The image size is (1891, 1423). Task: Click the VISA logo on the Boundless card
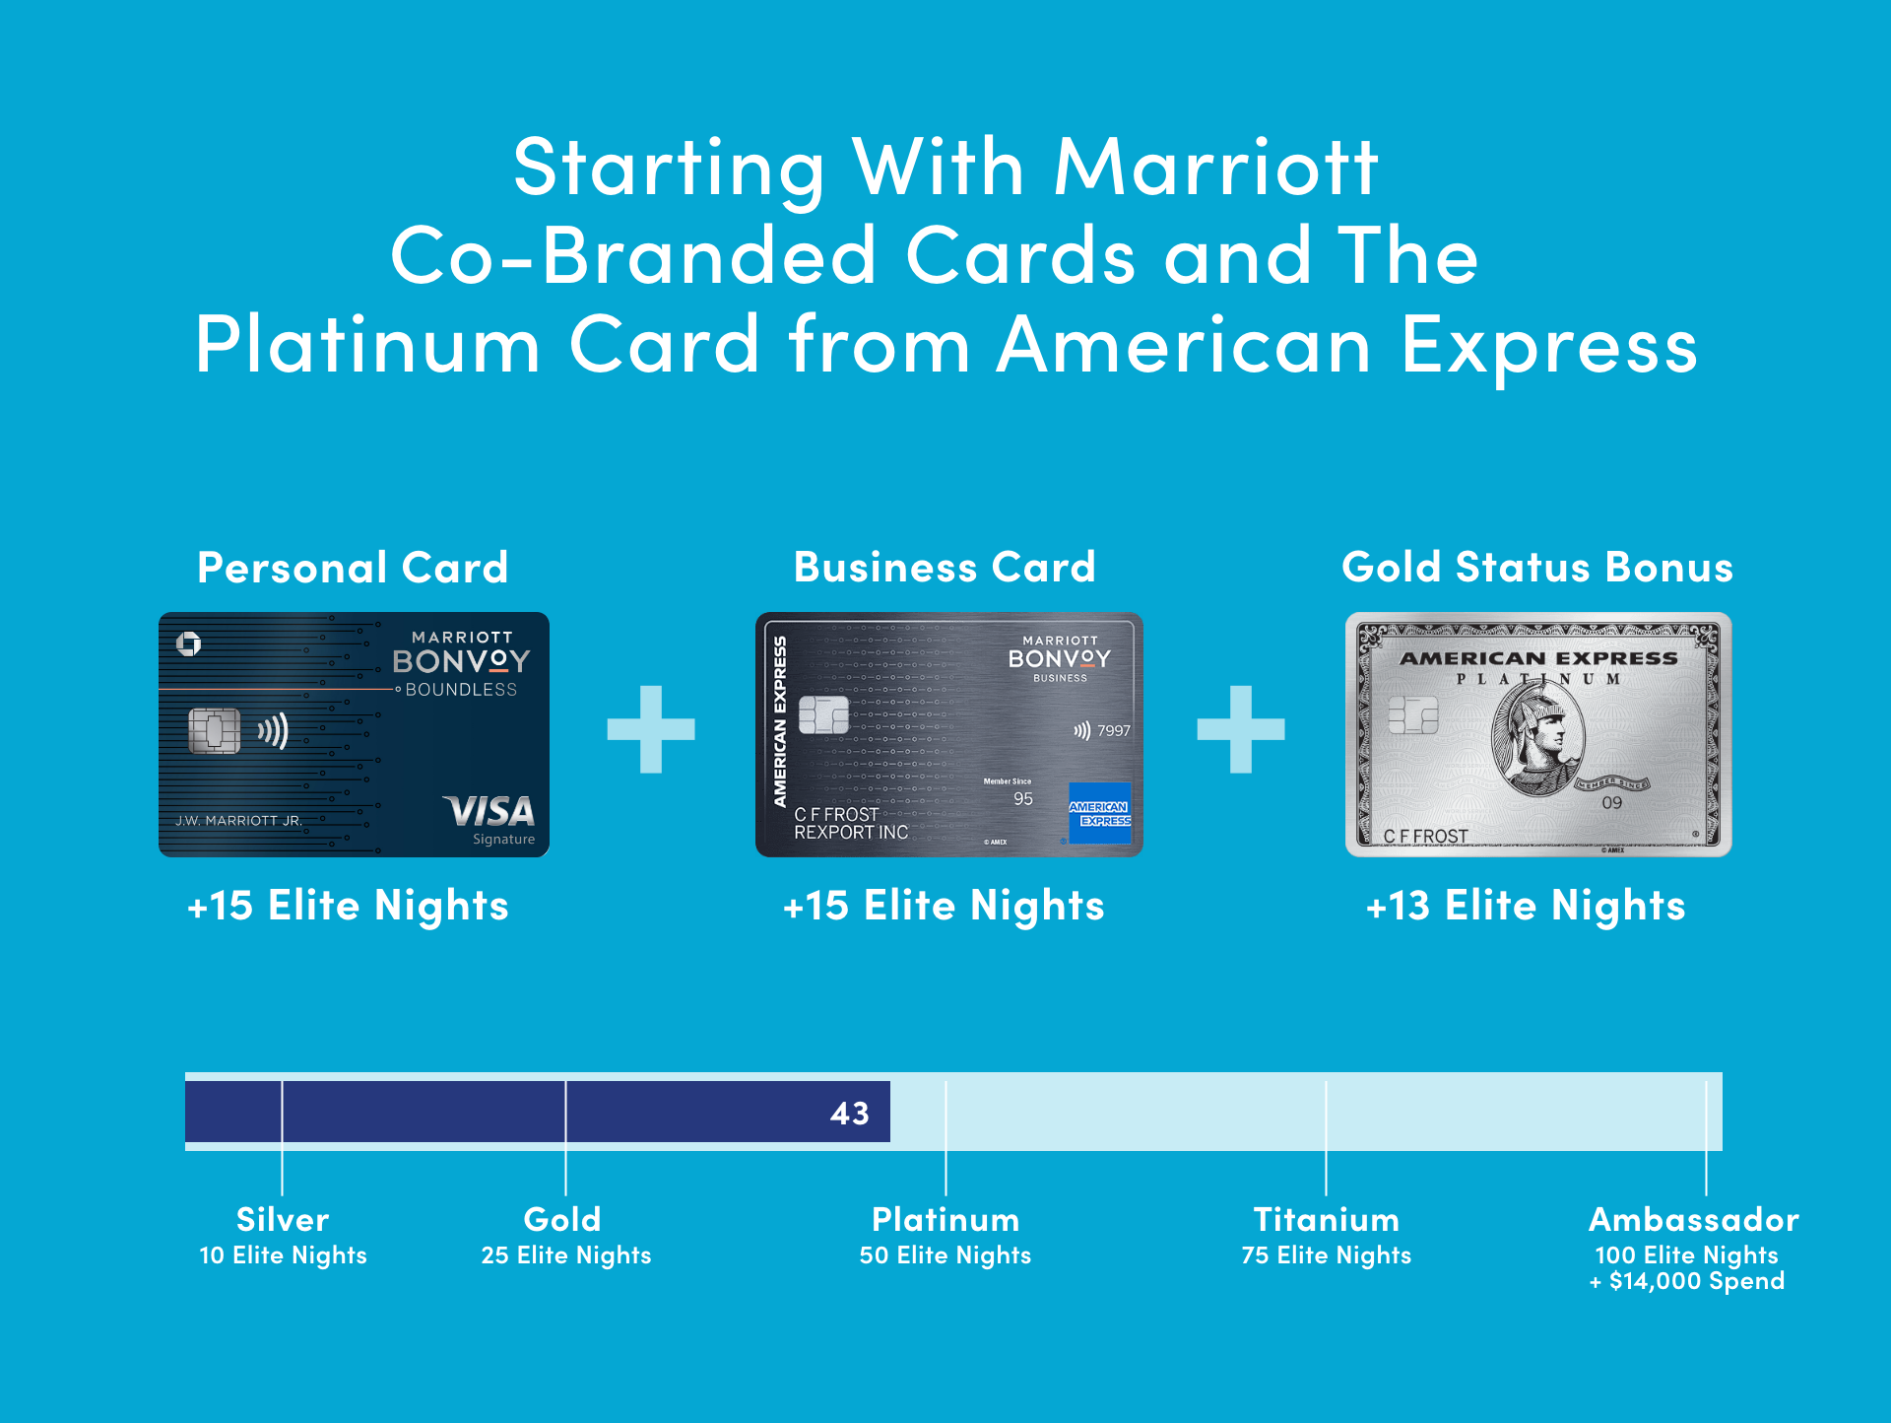(x=489, y=812)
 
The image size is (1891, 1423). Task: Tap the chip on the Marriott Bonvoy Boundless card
(x=214, y=730)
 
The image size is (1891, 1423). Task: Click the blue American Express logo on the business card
(x=1099, y=813)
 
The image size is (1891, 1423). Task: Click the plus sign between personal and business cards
(x=651, y=729)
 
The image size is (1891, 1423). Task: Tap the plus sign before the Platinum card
(x=1240, y=729)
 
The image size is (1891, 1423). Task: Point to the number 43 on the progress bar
(x=849, y=1114)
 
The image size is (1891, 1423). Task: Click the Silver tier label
(x=283, y=1220)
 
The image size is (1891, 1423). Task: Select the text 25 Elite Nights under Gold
(x=566, y=1255)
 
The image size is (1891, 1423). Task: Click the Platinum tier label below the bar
(x=945, y=1220)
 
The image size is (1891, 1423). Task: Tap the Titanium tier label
(x=1326, y=1220)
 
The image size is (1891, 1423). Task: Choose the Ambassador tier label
(x=1693, y=1220)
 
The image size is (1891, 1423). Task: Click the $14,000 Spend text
(x=1696, y=1281)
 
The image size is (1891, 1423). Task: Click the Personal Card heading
(x=353, y=568)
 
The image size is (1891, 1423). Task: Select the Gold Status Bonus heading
(x=1536, y=568)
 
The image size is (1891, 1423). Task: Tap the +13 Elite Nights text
(x=1526, y=906)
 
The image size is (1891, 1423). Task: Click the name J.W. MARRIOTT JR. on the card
(x=238, y=821)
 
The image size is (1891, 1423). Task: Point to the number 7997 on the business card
(x=1114, y=731)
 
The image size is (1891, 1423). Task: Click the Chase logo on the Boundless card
(x=188, y=644)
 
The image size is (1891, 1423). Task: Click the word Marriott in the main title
(x=1215, y=168)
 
